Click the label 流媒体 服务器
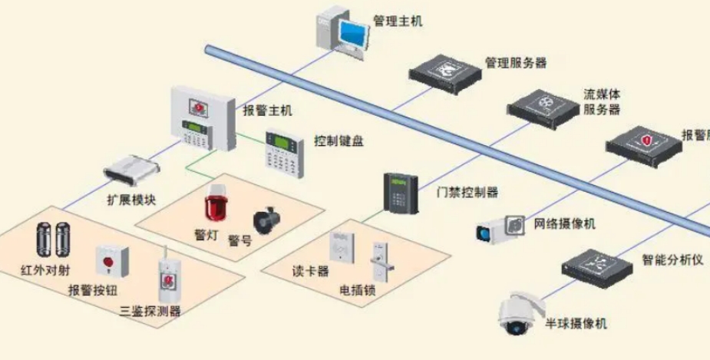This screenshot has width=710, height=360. (602, 101)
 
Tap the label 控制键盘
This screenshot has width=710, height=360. (338, 142)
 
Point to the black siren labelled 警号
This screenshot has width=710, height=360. (268, 218)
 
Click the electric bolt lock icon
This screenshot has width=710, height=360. (378, 261)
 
